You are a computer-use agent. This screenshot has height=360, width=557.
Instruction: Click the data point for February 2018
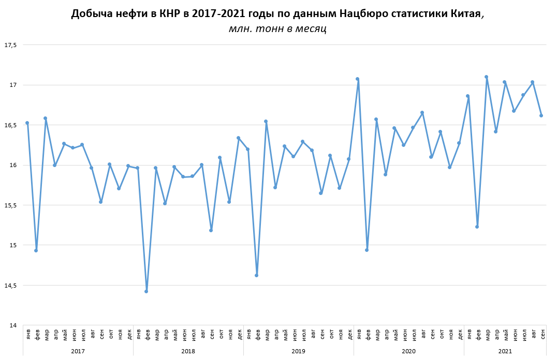(x=146, y=291)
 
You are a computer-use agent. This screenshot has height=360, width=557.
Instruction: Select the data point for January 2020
(x=358, y=79)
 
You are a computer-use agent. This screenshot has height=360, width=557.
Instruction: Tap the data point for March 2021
(x=486, y=77)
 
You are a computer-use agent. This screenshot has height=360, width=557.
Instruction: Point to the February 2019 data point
(x=257, y=275)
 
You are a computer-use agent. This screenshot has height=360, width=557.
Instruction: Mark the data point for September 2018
(x=211, y=230)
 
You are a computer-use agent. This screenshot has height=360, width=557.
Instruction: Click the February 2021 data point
(x=477, y=227)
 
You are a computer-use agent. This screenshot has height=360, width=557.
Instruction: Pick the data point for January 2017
(x=27, y=123)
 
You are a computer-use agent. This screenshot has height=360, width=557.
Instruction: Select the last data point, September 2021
(x=541, y=115)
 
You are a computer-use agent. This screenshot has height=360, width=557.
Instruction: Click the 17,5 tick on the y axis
(x=11, y=45)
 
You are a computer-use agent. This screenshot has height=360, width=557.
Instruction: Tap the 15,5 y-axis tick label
(x=11, y=205)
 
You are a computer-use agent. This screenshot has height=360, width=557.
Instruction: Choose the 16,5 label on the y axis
(x=11, y=125)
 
